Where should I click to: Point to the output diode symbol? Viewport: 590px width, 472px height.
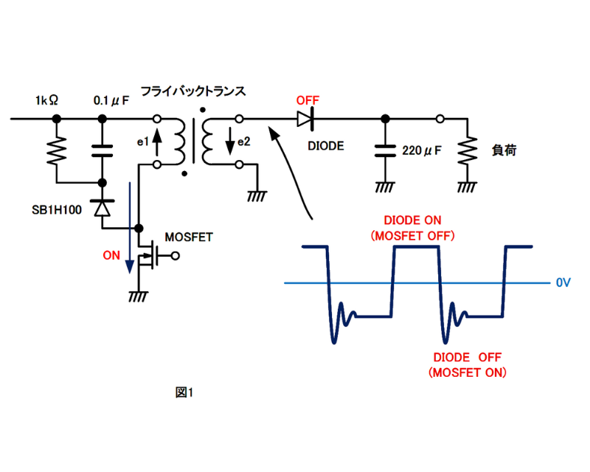pos(305,118)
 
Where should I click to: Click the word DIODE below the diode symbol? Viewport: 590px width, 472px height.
pos(325,145)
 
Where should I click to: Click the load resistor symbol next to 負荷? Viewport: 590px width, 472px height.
pos(466,150)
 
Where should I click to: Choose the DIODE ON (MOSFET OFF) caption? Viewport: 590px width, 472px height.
pos(417,228)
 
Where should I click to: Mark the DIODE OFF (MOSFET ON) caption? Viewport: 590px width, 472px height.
pos(468,364)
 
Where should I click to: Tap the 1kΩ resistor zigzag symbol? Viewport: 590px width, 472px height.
pos(57,150)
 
